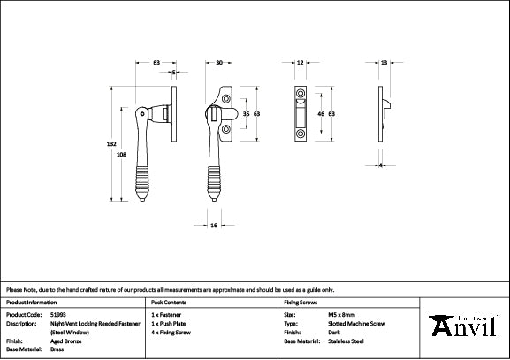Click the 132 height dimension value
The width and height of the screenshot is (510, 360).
[x=111, y=144]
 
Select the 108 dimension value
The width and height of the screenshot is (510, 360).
[x=121, y=154]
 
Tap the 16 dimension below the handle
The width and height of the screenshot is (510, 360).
[x=215, y=226]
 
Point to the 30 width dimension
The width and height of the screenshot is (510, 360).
[x=218, y=63]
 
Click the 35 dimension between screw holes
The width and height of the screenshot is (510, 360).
[x=246, y=114]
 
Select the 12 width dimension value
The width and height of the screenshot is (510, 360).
[x=301, y=63]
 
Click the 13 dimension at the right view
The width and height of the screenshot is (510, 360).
[x=384, y=63]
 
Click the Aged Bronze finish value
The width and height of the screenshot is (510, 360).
[x=62, y=340]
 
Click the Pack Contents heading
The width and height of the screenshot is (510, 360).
[x=168, y=302]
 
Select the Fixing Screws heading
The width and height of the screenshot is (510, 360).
[x=299, y=302]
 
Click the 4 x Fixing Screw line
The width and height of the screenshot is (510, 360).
[x=173, y=332]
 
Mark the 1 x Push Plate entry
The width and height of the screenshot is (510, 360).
[x=171, y=323]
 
